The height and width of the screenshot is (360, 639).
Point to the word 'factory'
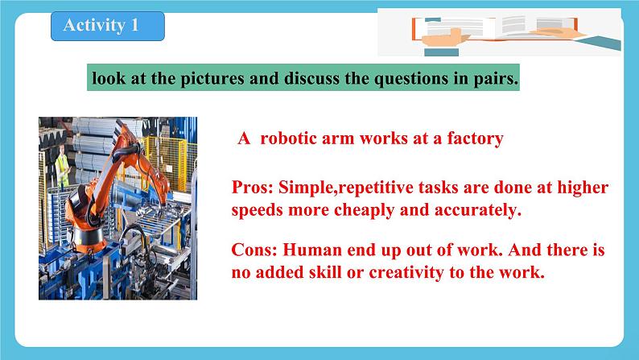click(472, 139)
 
